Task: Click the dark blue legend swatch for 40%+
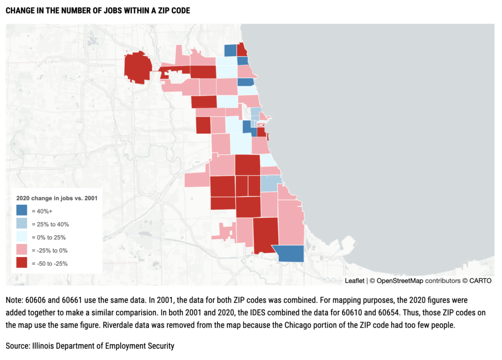(x=22, y=211)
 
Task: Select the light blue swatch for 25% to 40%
(x=22, y=224)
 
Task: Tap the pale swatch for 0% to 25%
(x=22, y=237)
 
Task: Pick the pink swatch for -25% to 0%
(x=22, y=250)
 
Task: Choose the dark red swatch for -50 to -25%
(x=22, y=264)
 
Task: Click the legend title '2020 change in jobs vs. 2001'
(x=57, y=198)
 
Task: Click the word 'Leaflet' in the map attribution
(x=354, y=281)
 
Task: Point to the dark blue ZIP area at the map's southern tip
(x=291, y=254)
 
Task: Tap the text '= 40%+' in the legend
(x=42, y=211)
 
